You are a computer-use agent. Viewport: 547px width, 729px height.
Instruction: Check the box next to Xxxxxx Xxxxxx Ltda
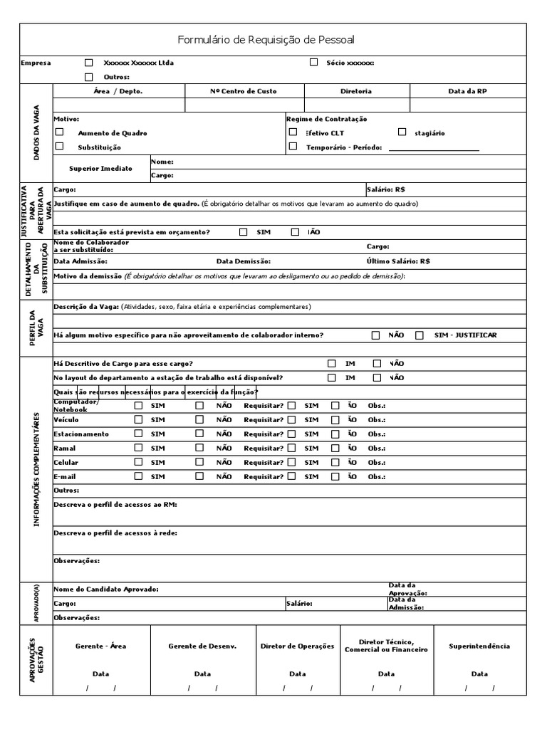(x=89, y=63)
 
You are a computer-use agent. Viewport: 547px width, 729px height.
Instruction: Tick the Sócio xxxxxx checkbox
(x=314, y=62)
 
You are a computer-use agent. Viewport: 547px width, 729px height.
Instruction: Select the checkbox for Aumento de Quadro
(x=60, y=132)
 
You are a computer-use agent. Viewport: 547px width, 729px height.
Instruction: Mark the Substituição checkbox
(x=60, y=147)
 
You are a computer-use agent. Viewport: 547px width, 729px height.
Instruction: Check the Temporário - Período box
(x=293, y=147)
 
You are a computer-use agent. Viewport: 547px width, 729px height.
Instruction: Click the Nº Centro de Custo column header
(x=244, y=91)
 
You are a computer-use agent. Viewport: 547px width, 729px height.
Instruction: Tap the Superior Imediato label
(x=100, y=168)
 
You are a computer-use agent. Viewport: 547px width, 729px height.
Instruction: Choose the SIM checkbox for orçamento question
(x=244, y=231)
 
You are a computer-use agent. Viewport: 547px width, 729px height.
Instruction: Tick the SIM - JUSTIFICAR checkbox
(x=420, y=335)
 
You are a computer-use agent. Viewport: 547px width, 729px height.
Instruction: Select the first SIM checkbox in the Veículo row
(x=139, y=420)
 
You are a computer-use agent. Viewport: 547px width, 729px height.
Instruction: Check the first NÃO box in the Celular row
(x=199, y=462)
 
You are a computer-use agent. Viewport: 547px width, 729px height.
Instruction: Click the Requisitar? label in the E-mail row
(x=264, y=476)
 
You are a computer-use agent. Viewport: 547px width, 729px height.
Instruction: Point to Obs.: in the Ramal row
(x=376, y=449)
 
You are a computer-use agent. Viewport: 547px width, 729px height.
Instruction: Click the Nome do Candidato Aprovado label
(x=106, y=589)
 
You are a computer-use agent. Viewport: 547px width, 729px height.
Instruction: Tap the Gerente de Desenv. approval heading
(x=202, y=646)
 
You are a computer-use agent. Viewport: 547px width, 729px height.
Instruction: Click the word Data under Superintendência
(x=479, y=673)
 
